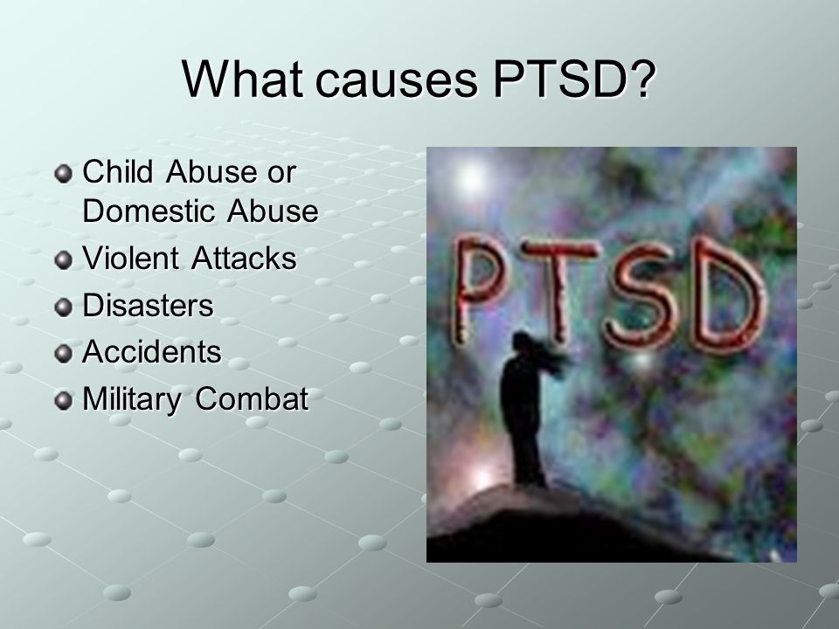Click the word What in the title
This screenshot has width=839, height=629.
242,79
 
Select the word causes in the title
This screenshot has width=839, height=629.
397,82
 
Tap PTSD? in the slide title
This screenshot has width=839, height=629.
574,79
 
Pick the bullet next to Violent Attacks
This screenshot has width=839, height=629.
63,260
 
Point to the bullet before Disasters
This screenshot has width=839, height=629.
63,308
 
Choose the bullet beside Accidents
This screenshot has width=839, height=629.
63,354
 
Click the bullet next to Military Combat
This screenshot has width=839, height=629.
63,401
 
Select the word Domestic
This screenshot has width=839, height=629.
149,211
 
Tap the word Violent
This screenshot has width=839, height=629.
130,257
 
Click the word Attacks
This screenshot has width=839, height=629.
244,257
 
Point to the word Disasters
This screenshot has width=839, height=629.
149,305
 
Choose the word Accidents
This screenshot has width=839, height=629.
151,351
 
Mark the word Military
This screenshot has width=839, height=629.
132,399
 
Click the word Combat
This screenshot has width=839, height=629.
252,398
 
